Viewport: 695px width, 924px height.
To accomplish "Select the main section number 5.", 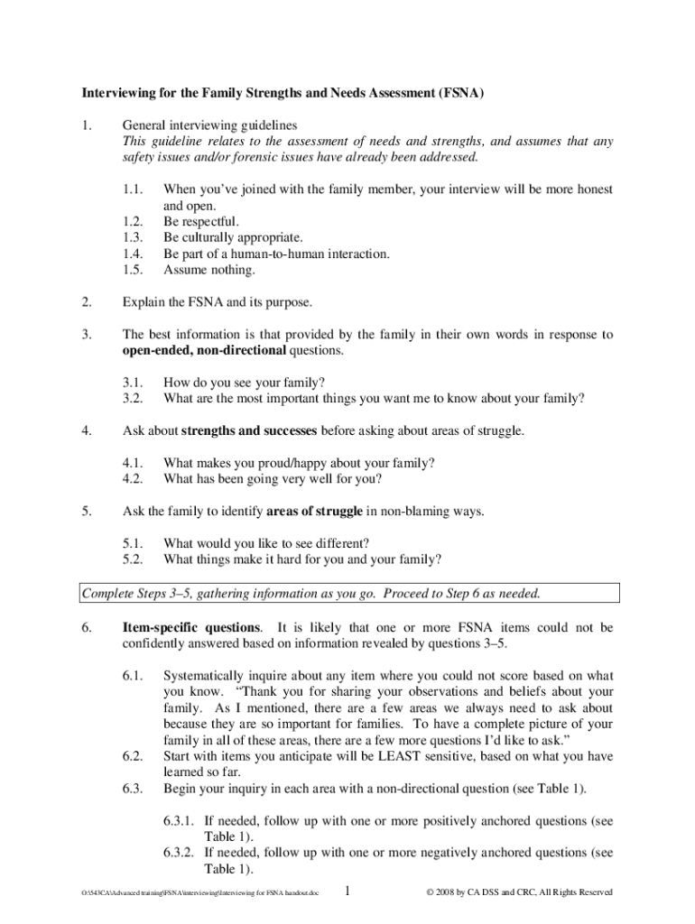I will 87,512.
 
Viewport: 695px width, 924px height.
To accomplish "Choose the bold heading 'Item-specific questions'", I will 192,626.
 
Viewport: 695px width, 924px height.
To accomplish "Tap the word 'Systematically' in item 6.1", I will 206,675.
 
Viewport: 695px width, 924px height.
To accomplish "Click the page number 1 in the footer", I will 347,892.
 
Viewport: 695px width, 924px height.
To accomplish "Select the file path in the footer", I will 200,893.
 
